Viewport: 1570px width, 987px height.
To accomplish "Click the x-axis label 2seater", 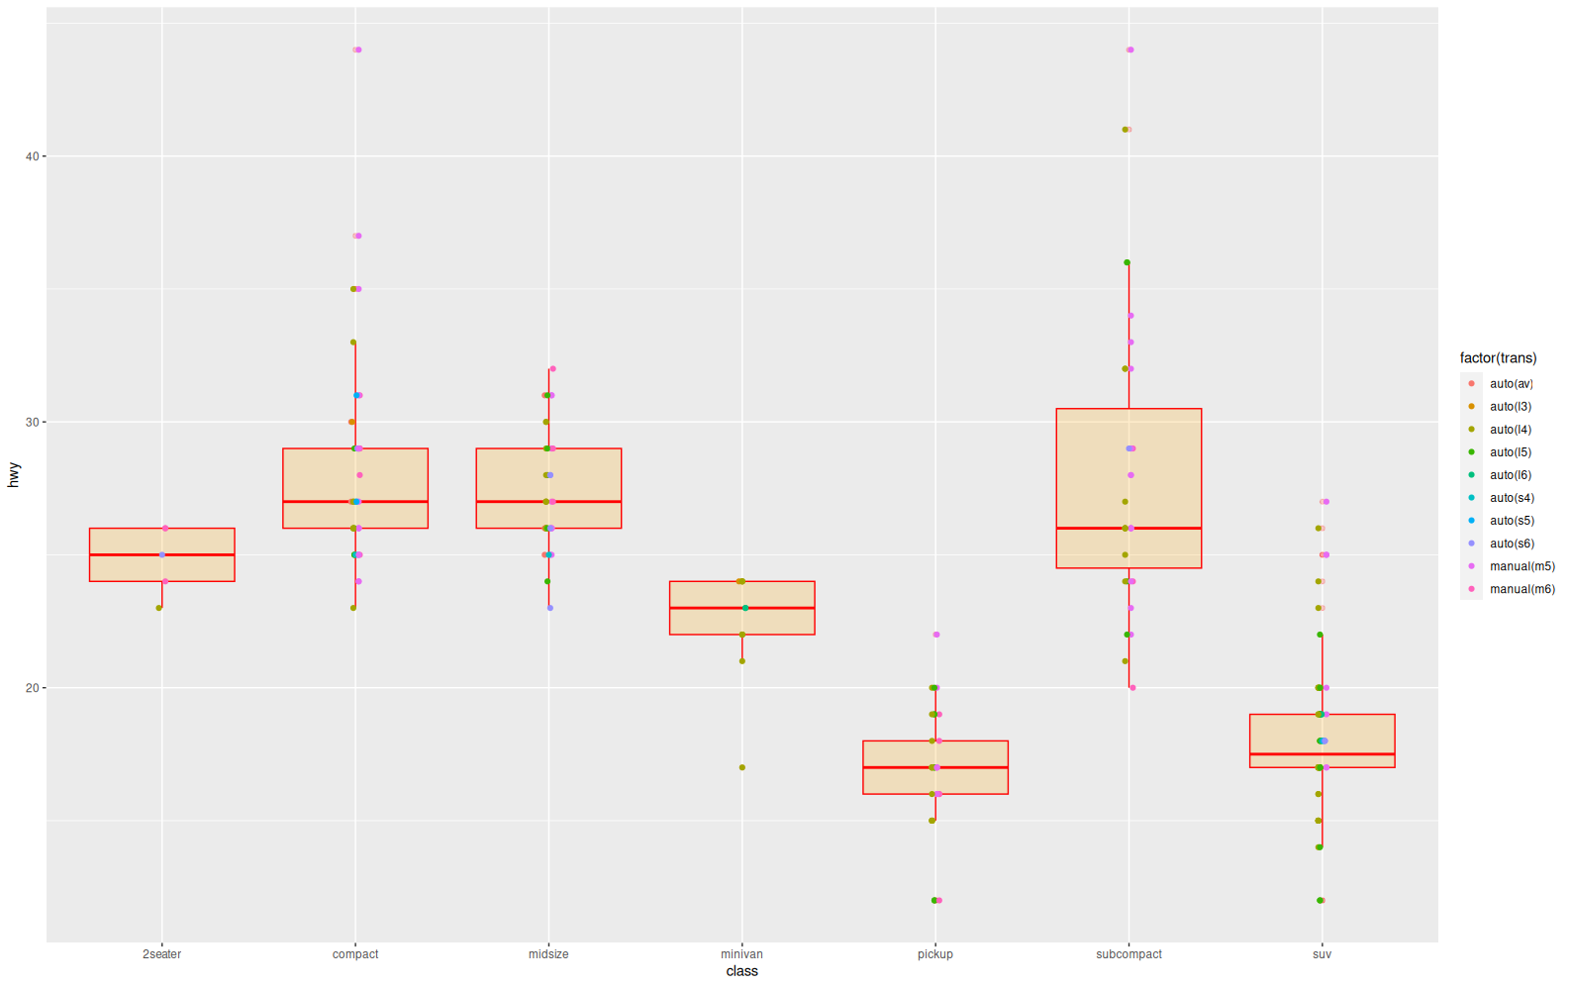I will pos(161,954).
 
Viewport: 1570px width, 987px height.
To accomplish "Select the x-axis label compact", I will pos(355,954).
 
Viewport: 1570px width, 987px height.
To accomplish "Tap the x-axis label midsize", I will pos(548,954).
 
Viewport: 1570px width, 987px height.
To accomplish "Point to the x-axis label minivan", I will pos(741,954).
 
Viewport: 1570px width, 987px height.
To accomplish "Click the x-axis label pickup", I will pos(935,954).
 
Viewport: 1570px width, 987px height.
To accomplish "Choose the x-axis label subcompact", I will pos(1128,954).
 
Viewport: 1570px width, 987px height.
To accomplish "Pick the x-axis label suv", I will pos(1322,954).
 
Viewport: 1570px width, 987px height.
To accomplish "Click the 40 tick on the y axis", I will pos(32,156).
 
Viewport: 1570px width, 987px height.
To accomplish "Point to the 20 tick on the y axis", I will pos(32,688).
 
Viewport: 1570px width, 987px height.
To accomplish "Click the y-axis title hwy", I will pos(14,474).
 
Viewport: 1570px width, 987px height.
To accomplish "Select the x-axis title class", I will pos(741,971).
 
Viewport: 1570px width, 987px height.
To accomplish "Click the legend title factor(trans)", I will pos(1498,358).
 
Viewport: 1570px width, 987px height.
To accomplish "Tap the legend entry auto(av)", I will pos(1511,384).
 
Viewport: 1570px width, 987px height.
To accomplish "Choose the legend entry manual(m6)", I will pos(1521,589).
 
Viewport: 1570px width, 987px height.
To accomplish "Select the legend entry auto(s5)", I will pos(1512,521).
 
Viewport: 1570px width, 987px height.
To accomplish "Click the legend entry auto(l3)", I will pos(1511,407).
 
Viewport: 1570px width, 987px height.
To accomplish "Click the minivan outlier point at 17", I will pos(742,767).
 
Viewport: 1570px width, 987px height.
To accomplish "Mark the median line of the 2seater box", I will pos(161,554).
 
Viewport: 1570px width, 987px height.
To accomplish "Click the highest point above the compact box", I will pos(357,49).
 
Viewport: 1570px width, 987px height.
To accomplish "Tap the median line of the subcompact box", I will pos(1128,529).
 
